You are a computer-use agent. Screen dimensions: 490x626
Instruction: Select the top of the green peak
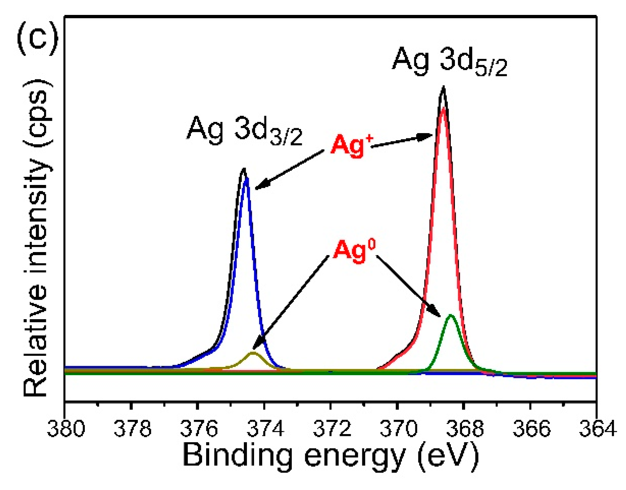[451, 315]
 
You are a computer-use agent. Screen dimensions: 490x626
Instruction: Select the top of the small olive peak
[253, 352]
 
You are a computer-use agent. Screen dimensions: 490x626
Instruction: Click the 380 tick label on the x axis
[66, 428]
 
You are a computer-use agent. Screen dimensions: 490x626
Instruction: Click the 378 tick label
[132, 428]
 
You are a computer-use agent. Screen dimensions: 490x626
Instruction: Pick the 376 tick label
[199, 428]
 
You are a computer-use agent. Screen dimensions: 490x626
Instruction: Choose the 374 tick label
[265, 428]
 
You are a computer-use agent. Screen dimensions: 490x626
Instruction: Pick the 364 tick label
[597, 428]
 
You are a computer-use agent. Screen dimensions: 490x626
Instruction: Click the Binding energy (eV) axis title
[331, 456]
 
